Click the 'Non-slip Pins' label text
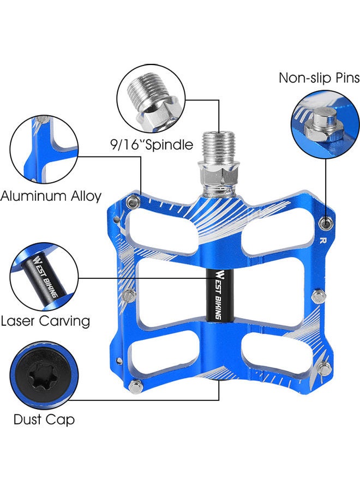(x=319, y=78)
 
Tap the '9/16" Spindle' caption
(x=152, y=145)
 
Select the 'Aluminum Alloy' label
(x=51, y=196)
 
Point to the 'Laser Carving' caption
(x=45, y=321)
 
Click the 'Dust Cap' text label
(x=44, y=420)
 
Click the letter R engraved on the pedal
(x=323, y=241)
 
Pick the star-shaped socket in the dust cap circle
(x=41, y=376)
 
